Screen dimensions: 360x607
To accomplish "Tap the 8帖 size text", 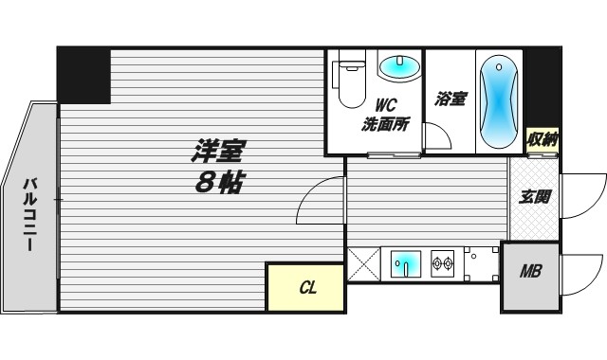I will tap(218, 183).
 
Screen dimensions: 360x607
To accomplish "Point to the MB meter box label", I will tap(530, 272).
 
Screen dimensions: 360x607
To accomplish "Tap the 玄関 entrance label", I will tap(534, 198).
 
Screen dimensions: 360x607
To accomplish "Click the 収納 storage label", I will tap(543, 140).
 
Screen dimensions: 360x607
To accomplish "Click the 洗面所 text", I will tap(385, 122).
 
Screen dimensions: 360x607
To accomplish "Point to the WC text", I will tap(384, 105).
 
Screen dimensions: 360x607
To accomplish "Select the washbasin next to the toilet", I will tap(398, 66).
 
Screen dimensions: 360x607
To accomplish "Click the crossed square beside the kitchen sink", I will tap(362, 262).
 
